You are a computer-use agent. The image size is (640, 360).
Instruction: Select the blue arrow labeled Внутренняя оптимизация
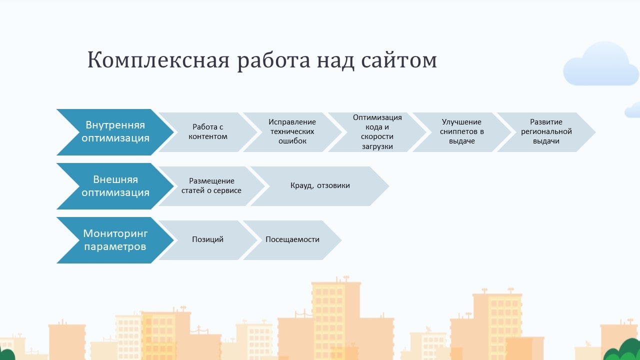[x=115, y=131]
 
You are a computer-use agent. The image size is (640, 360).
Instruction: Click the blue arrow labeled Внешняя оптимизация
[x=115, y=186]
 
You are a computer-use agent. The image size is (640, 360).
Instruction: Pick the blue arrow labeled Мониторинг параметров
[x=115, y=240]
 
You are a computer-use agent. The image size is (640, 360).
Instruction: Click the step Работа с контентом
[x=208, y=132]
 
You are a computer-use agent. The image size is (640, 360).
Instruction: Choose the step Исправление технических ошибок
[x=292, y=132]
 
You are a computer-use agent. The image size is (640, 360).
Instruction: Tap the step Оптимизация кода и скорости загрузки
[x=377, y=132]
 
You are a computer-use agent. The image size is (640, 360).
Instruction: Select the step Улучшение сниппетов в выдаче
[x=461, y=132]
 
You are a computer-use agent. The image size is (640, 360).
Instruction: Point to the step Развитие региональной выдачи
[x=546, y=132]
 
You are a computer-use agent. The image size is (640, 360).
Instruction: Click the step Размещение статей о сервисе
[x=211, y=186]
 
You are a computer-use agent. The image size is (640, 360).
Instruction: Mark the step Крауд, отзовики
[x=320, y=186]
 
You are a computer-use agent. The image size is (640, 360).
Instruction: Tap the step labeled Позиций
[x=207, y=239]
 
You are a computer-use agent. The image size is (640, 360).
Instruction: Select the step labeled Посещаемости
[x=292, y=239]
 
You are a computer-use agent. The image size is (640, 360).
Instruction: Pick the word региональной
[x=546, y=132]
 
